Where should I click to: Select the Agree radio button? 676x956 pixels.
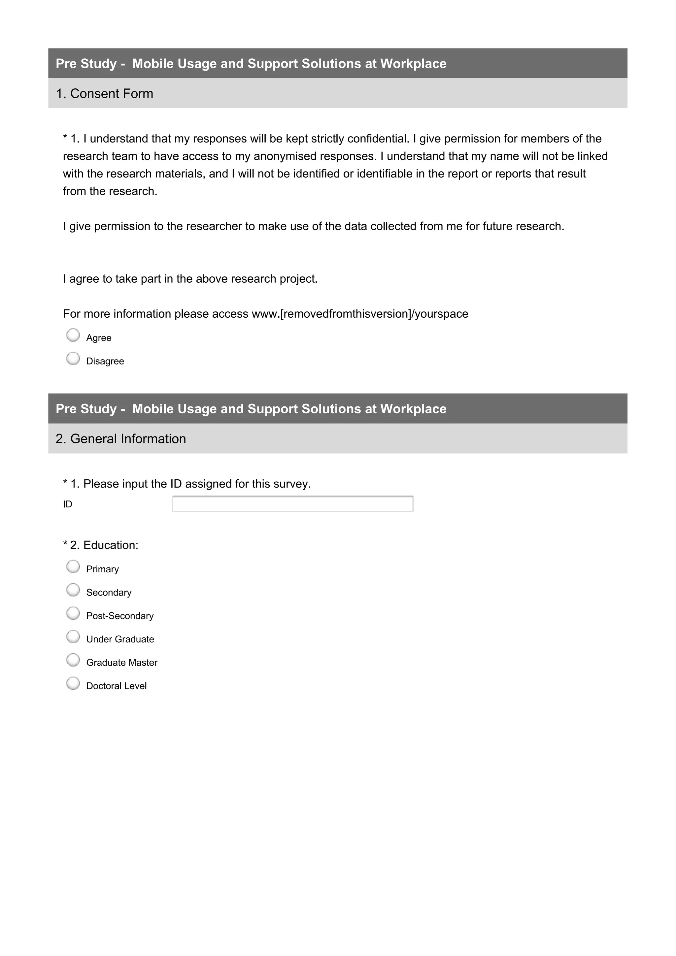73,335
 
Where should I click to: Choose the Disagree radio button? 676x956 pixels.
73,359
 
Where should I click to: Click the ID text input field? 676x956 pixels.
292,504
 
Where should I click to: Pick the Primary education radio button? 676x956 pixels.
73,567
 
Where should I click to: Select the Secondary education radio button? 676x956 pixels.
73,590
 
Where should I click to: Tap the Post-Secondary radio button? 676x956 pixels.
73,613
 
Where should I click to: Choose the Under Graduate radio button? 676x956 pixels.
73,637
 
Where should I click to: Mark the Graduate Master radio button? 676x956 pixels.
73,660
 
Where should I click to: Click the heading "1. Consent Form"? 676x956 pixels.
105,94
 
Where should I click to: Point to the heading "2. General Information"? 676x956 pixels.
121,439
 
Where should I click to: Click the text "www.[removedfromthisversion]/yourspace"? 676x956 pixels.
360,314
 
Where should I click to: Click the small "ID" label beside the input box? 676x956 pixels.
67,505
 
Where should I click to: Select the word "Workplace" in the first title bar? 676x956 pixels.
413,64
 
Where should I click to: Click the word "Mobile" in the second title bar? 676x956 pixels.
153,409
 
